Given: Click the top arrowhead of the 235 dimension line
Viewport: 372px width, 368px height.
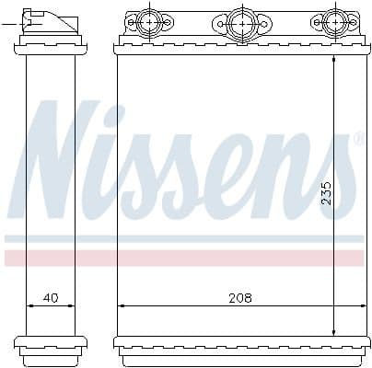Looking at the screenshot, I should [333, 57].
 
